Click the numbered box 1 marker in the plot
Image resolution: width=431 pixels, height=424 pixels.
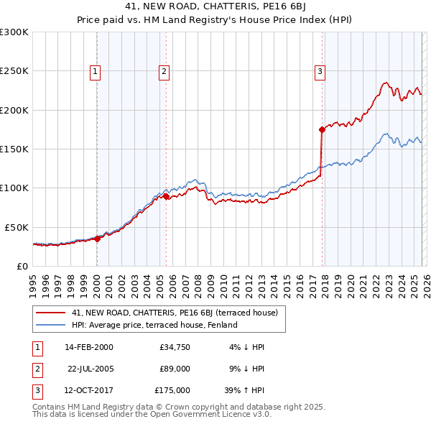(96, 71)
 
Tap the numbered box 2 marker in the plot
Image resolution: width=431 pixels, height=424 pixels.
(164, 71)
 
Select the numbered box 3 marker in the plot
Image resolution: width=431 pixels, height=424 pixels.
(320, 71)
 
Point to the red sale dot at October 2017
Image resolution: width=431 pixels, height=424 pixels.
(322, 129)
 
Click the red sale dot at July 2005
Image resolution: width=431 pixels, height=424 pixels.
(166, 196)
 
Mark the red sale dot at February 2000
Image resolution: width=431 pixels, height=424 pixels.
(98, 239)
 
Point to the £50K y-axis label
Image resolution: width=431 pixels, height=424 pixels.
(17, 226)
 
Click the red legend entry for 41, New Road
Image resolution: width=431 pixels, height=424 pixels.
(179, 313)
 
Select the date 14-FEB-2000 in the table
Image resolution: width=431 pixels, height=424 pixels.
(88, 347)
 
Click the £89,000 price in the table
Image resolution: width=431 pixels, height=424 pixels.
(175, 369)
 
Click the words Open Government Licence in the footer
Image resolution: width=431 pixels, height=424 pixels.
(225, 414)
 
